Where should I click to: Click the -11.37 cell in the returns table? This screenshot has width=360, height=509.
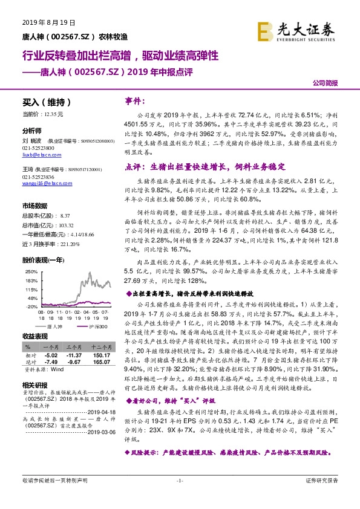click(74, 355)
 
